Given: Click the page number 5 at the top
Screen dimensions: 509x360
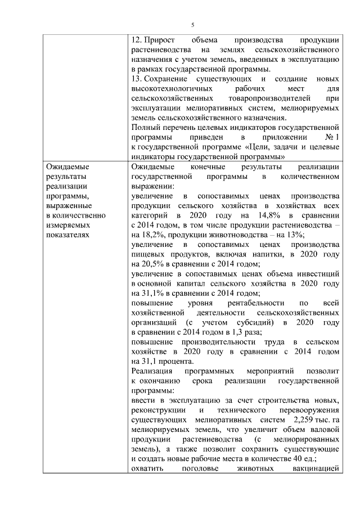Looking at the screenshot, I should coord(192,25).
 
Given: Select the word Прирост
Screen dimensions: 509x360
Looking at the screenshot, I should coord(160,40).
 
